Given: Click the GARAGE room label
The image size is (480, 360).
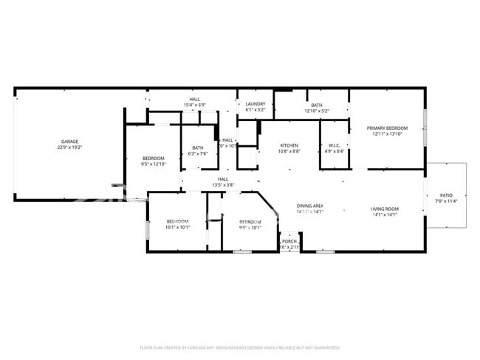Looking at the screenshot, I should (x=69, y=142).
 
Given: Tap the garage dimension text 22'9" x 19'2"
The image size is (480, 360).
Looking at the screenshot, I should (x=69, y=148).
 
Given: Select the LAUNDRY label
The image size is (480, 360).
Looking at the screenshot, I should (x=256, y=105).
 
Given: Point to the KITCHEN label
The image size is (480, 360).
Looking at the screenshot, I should (x=289, y=145).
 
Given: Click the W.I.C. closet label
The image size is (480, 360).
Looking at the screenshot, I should (x=334, y=145).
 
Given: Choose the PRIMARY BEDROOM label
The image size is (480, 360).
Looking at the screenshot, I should (x=388, y=128).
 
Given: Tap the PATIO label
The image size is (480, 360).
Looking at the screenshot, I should (x=446, y=195).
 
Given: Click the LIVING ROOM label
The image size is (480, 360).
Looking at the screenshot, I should (x=384, y=209).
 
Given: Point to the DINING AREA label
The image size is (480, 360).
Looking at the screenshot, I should (x=310, y=206).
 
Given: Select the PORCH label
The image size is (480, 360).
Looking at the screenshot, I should (x=289, y=241).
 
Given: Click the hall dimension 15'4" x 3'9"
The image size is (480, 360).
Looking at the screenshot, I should (x=194, y=105).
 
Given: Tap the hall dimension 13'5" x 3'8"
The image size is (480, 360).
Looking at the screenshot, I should (x=223, y=184).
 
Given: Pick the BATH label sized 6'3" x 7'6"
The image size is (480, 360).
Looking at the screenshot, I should (x=198, y=148).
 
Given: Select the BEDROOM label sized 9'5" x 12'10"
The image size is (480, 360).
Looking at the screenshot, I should (x=154, y=159).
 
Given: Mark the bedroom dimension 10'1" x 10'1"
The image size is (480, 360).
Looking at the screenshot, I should (x=177, y=227).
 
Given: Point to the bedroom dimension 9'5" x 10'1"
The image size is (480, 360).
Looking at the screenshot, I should (x=250, y=227).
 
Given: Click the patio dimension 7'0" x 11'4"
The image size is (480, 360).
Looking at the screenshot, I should (x=446, y=201).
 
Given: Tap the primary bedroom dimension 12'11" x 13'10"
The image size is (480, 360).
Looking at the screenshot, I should (x=388, y=134).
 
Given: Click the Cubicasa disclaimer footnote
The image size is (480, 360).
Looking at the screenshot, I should (x=240, y=347).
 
